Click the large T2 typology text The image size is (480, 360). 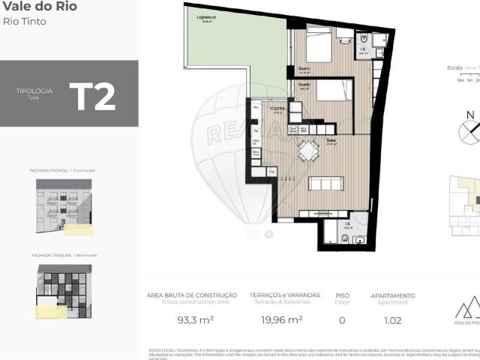(92, 97)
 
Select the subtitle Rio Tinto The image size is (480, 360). (25, 22)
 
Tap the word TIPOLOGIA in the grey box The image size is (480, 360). (34, 91)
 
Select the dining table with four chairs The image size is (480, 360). (307, 152)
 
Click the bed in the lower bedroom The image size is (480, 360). (333, 91)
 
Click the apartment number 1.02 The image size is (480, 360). (392, 320)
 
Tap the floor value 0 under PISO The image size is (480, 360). (342, 320)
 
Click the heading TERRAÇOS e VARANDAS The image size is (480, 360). (284, 295)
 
